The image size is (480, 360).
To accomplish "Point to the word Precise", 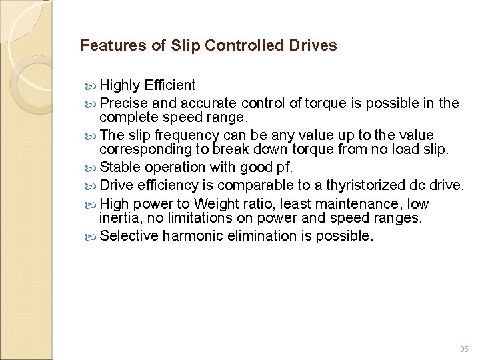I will coord(124,103).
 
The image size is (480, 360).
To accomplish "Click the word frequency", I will coord(182,136).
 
